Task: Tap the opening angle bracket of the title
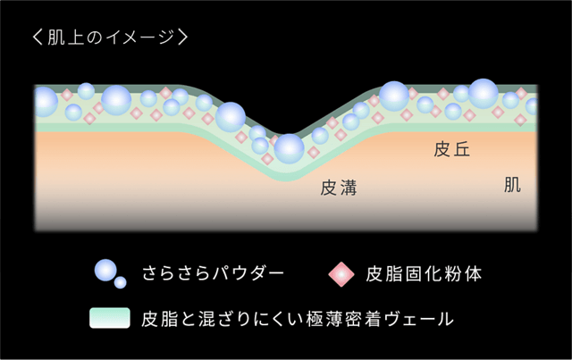[38, 38]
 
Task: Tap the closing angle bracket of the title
[182, 38]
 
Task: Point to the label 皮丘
[451, 149]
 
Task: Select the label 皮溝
[338, 188]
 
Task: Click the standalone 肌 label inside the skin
[512, 185]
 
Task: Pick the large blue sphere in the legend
[105, 271]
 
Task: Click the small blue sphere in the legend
[121, 282]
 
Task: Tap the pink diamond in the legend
[341, 274]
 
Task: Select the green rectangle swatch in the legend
[110, 318]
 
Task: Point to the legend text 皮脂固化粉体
[424, 274]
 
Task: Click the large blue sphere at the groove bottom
[289, 149]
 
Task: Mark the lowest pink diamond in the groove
[267, 159]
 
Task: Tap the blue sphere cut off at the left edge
[46, 102]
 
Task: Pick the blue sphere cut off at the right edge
[532, 106]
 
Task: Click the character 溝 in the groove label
[348, 188]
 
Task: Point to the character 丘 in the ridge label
[461, 149]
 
